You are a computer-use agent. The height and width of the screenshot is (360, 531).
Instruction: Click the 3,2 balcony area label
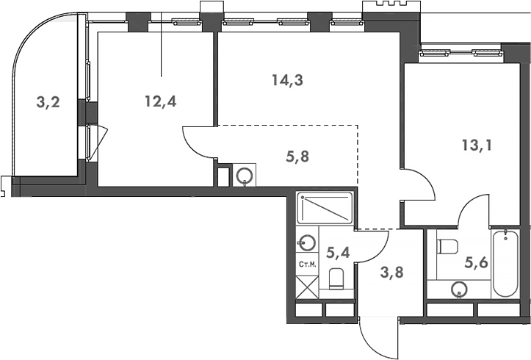[x=48, y=102]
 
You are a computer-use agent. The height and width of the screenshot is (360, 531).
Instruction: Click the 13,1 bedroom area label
[x=477, y=145]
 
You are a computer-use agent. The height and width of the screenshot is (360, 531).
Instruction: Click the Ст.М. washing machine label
[x=307, y=264]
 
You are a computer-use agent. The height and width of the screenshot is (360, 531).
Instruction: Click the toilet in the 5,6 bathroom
[x=447, y=245]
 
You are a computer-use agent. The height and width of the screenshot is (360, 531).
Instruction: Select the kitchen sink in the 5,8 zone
[x=244, y=176]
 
